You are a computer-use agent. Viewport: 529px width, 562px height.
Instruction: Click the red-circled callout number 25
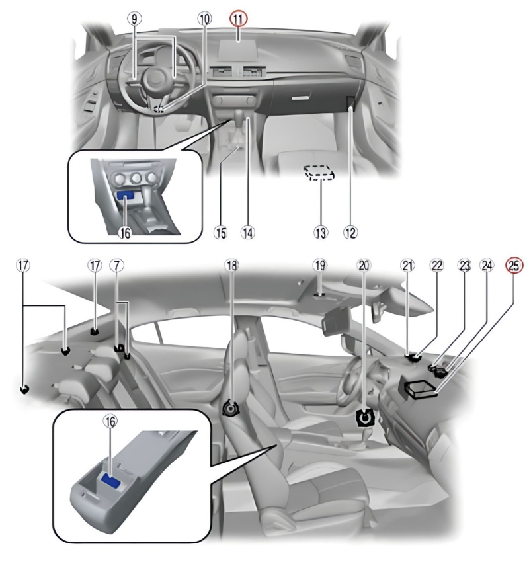coord(514,265)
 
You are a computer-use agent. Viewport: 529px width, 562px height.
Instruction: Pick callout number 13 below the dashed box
coord(320,232)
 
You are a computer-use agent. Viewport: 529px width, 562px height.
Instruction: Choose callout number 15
coord(221,232)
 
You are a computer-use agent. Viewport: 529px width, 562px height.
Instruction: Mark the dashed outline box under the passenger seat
coord(319,173)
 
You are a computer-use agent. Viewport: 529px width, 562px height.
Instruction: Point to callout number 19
coord(320,265)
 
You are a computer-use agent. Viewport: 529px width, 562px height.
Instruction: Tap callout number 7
coord(116,265)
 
